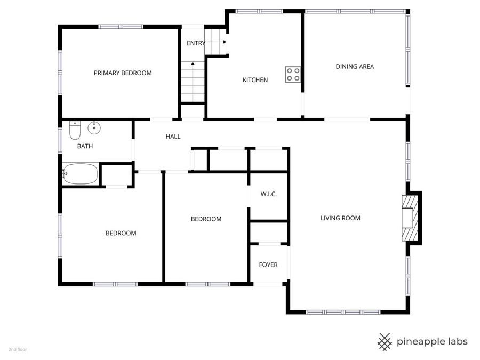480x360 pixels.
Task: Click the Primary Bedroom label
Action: tap(123, 73)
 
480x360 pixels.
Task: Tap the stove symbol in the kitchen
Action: tap(292, 74)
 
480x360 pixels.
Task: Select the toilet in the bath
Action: tap(75, 130)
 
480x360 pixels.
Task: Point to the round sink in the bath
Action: tap(94, 127)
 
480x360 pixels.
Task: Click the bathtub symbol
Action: tap(81, 174)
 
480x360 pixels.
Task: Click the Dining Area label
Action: tap(355, 67)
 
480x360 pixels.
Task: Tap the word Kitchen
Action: tap(255, 80)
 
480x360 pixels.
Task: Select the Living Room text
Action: tap(340, 218)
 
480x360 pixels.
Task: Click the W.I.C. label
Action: tap(268, 194)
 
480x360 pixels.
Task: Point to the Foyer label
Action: tap(268, 265)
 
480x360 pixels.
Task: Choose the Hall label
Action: tap(173, 137)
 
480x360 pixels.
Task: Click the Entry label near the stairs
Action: tap(195, 43)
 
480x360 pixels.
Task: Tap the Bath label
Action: tap(85, 146)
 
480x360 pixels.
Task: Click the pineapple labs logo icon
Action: tap(385, 341)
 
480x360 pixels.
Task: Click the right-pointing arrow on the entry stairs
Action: tap(224, 42)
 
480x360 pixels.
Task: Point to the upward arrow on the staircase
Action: tap(193, 65)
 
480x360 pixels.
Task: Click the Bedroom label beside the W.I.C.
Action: tap(206, 219)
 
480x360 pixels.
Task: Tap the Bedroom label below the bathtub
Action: tap(121, 233)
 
